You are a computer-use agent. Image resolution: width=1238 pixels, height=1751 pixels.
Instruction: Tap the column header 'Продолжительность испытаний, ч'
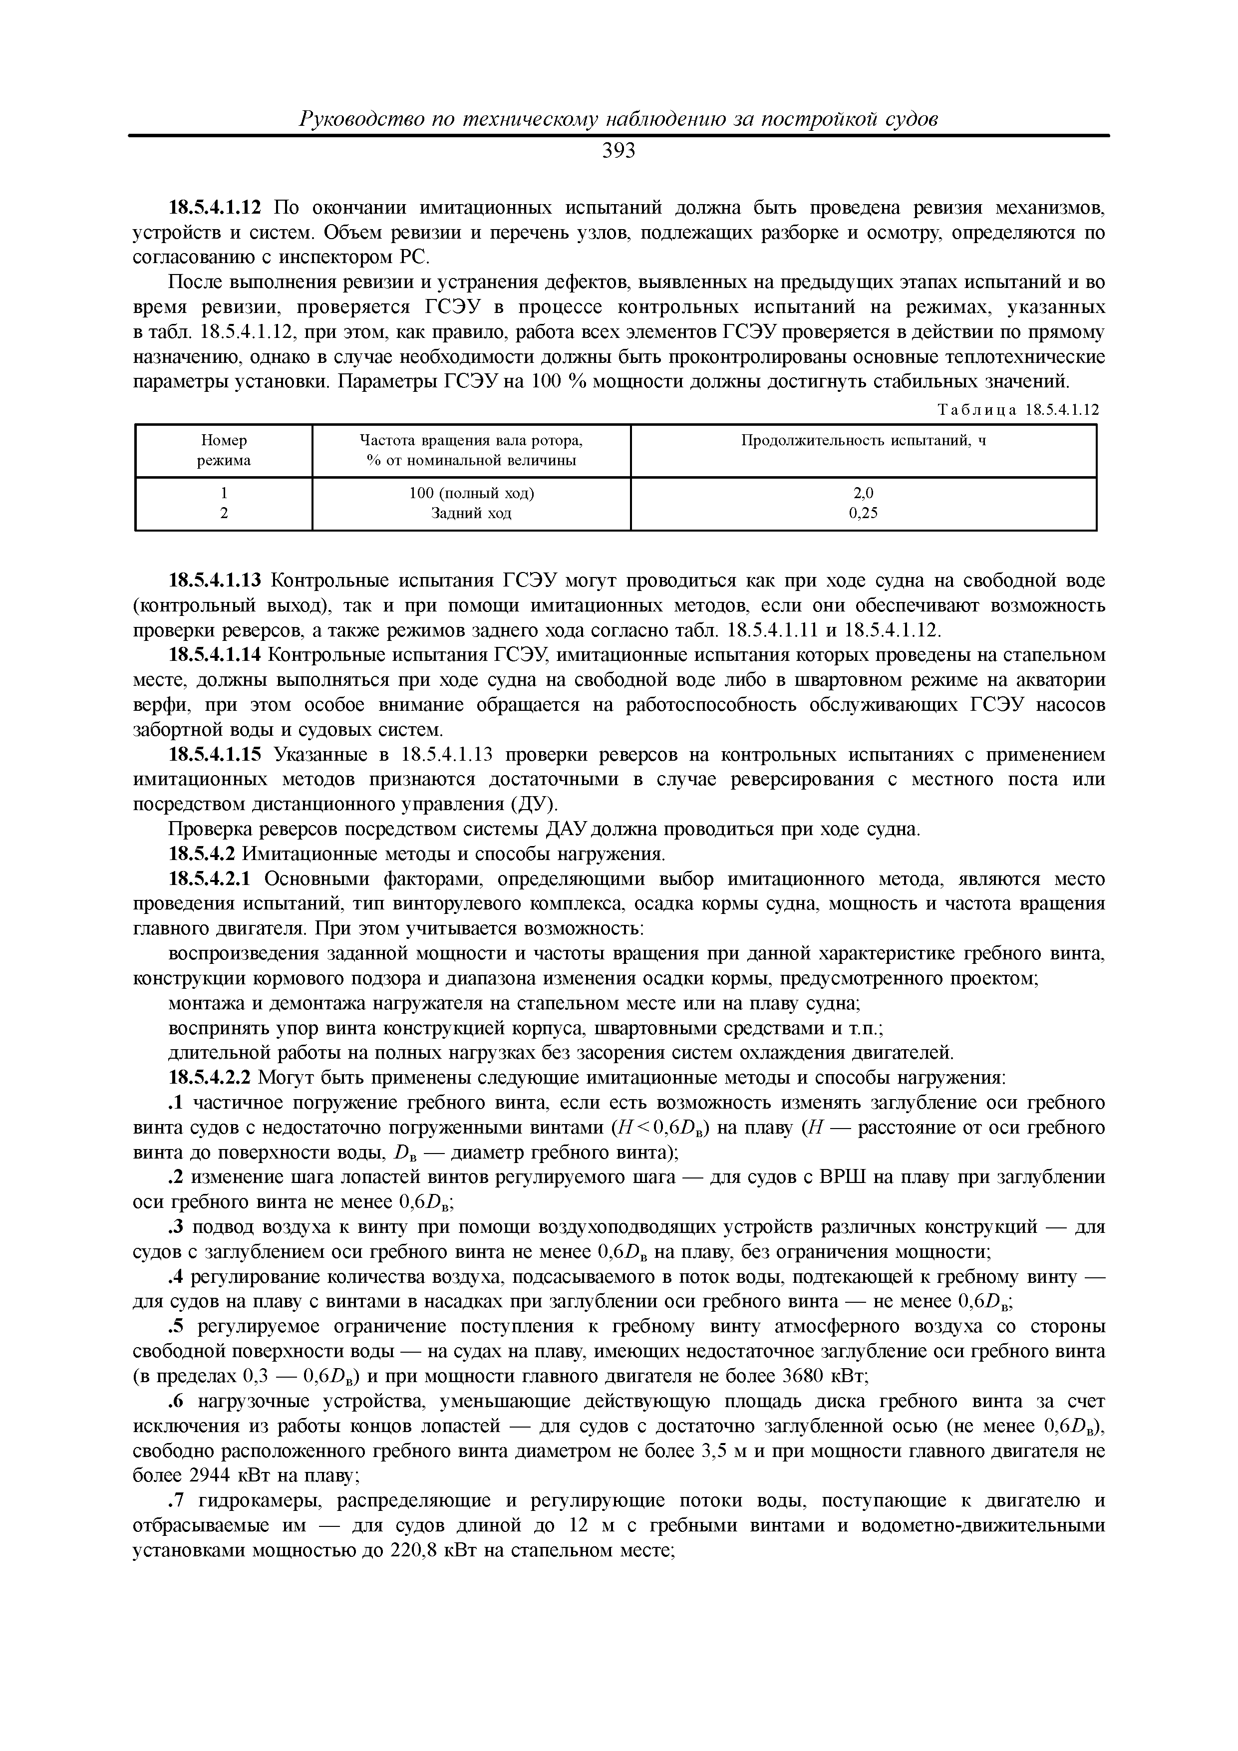click(x=864, y=441)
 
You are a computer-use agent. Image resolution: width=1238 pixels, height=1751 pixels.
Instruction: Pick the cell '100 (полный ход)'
click(x=471, y=494)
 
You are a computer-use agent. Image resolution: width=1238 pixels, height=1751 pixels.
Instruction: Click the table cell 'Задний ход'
click(x=471, y=513)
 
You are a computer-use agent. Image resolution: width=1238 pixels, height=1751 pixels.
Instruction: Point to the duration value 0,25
click(x=864, y=513)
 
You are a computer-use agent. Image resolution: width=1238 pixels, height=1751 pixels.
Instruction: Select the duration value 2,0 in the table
click(x=864, y=494)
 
